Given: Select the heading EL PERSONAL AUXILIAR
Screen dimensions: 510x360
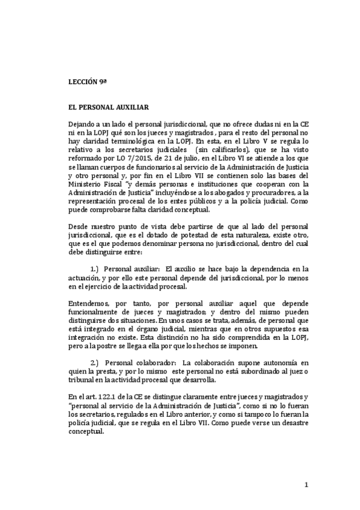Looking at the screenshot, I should [109, 106].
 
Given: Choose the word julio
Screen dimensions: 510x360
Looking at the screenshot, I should [202, 154].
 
